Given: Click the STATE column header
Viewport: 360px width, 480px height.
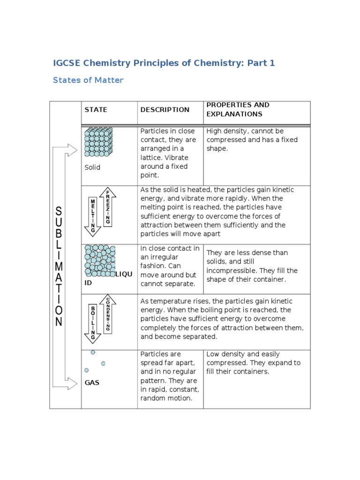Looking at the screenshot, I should [x=96, y=110].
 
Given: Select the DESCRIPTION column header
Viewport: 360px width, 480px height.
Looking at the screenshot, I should [x=165, y=110].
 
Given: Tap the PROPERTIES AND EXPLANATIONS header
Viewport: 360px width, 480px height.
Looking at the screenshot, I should [x=238, y=110].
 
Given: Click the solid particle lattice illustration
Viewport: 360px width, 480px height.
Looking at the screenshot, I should [x=98, y=142].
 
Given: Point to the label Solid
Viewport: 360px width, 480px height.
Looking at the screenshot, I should [x=92, y=167].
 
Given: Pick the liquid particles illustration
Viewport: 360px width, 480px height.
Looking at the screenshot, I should [x=99, y=261].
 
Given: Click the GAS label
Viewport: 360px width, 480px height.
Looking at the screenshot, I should [x=92, y=382].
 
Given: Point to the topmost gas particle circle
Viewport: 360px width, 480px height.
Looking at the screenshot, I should [x=93, y=352].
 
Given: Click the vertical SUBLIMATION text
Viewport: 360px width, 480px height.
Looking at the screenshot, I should [x=59, y=266].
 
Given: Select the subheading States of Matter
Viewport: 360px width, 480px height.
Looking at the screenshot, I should [x=88, y=80].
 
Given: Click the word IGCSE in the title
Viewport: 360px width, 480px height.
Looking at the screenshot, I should [x=69, y=63].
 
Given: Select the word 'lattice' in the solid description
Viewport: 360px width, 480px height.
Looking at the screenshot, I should [x=152, y=157].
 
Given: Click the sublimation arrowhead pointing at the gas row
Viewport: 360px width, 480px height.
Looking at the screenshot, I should [x=72, y=383].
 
